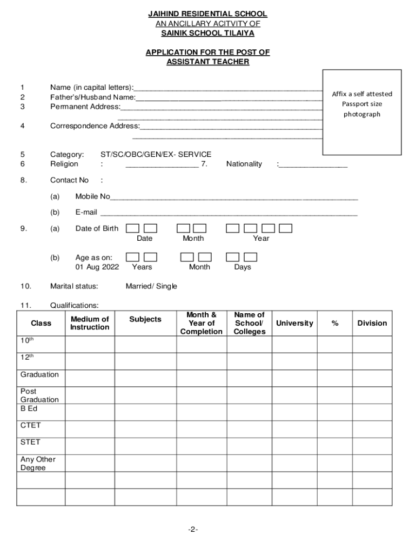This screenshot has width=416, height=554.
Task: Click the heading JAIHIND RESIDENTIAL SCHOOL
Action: (x=207, y=14)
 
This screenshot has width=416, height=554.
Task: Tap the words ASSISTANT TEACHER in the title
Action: (x=207, y=62)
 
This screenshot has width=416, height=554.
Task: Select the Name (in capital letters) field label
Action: (x=92, y=87)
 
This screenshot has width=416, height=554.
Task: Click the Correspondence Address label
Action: (x=95, y=126)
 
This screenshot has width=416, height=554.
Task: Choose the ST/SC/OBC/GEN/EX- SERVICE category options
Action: (x=156, y=154)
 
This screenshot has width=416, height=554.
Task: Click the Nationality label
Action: (x=244, y=164)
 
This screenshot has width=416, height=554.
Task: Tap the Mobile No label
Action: (x=92, y=196)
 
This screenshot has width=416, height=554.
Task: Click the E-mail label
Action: (x=86, y=212)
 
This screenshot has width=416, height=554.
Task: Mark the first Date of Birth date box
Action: (x=132, y=228)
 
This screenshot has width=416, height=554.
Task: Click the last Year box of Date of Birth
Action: (x=286, y=228)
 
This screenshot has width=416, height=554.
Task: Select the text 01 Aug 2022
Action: (x=97, y=267)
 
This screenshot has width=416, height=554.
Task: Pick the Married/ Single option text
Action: (x=151, y=286)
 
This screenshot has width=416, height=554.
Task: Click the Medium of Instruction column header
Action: (x=90, y=323)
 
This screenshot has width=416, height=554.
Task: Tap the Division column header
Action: (x=372, y=323)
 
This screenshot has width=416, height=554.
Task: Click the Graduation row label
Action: (x=39, y=374)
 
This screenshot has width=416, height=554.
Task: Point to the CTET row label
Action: (x=30, y=425)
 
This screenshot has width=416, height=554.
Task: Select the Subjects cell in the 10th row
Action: (x=145, y=344)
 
